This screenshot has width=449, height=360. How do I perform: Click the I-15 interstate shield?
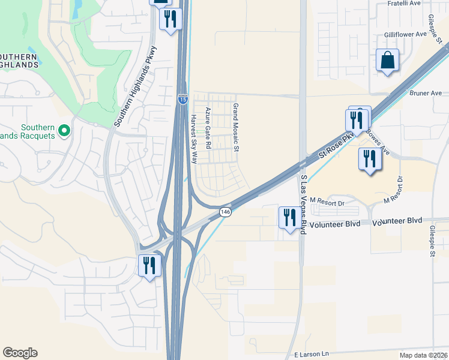[x=182, y=99]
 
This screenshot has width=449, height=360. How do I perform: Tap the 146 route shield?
[x=225, y=212]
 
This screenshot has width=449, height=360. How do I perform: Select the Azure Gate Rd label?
[x=208, y=128]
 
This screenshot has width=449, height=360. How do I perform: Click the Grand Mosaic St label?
[x=236, y=127]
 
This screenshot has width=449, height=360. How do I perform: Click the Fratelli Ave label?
[x=403, y=5]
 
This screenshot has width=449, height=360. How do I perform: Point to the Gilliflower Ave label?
[x=405, y=34]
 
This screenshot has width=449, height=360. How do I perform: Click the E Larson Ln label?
[x=312, y=354]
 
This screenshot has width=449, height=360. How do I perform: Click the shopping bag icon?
[x=387, y=60]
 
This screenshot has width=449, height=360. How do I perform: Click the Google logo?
[x=20, y=353]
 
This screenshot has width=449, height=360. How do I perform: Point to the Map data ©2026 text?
[x=423, y=355]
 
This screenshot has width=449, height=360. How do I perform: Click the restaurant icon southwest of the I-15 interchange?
[x=148, y=265]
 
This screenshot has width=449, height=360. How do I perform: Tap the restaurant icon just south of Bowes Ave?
[x=369, y=159]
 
